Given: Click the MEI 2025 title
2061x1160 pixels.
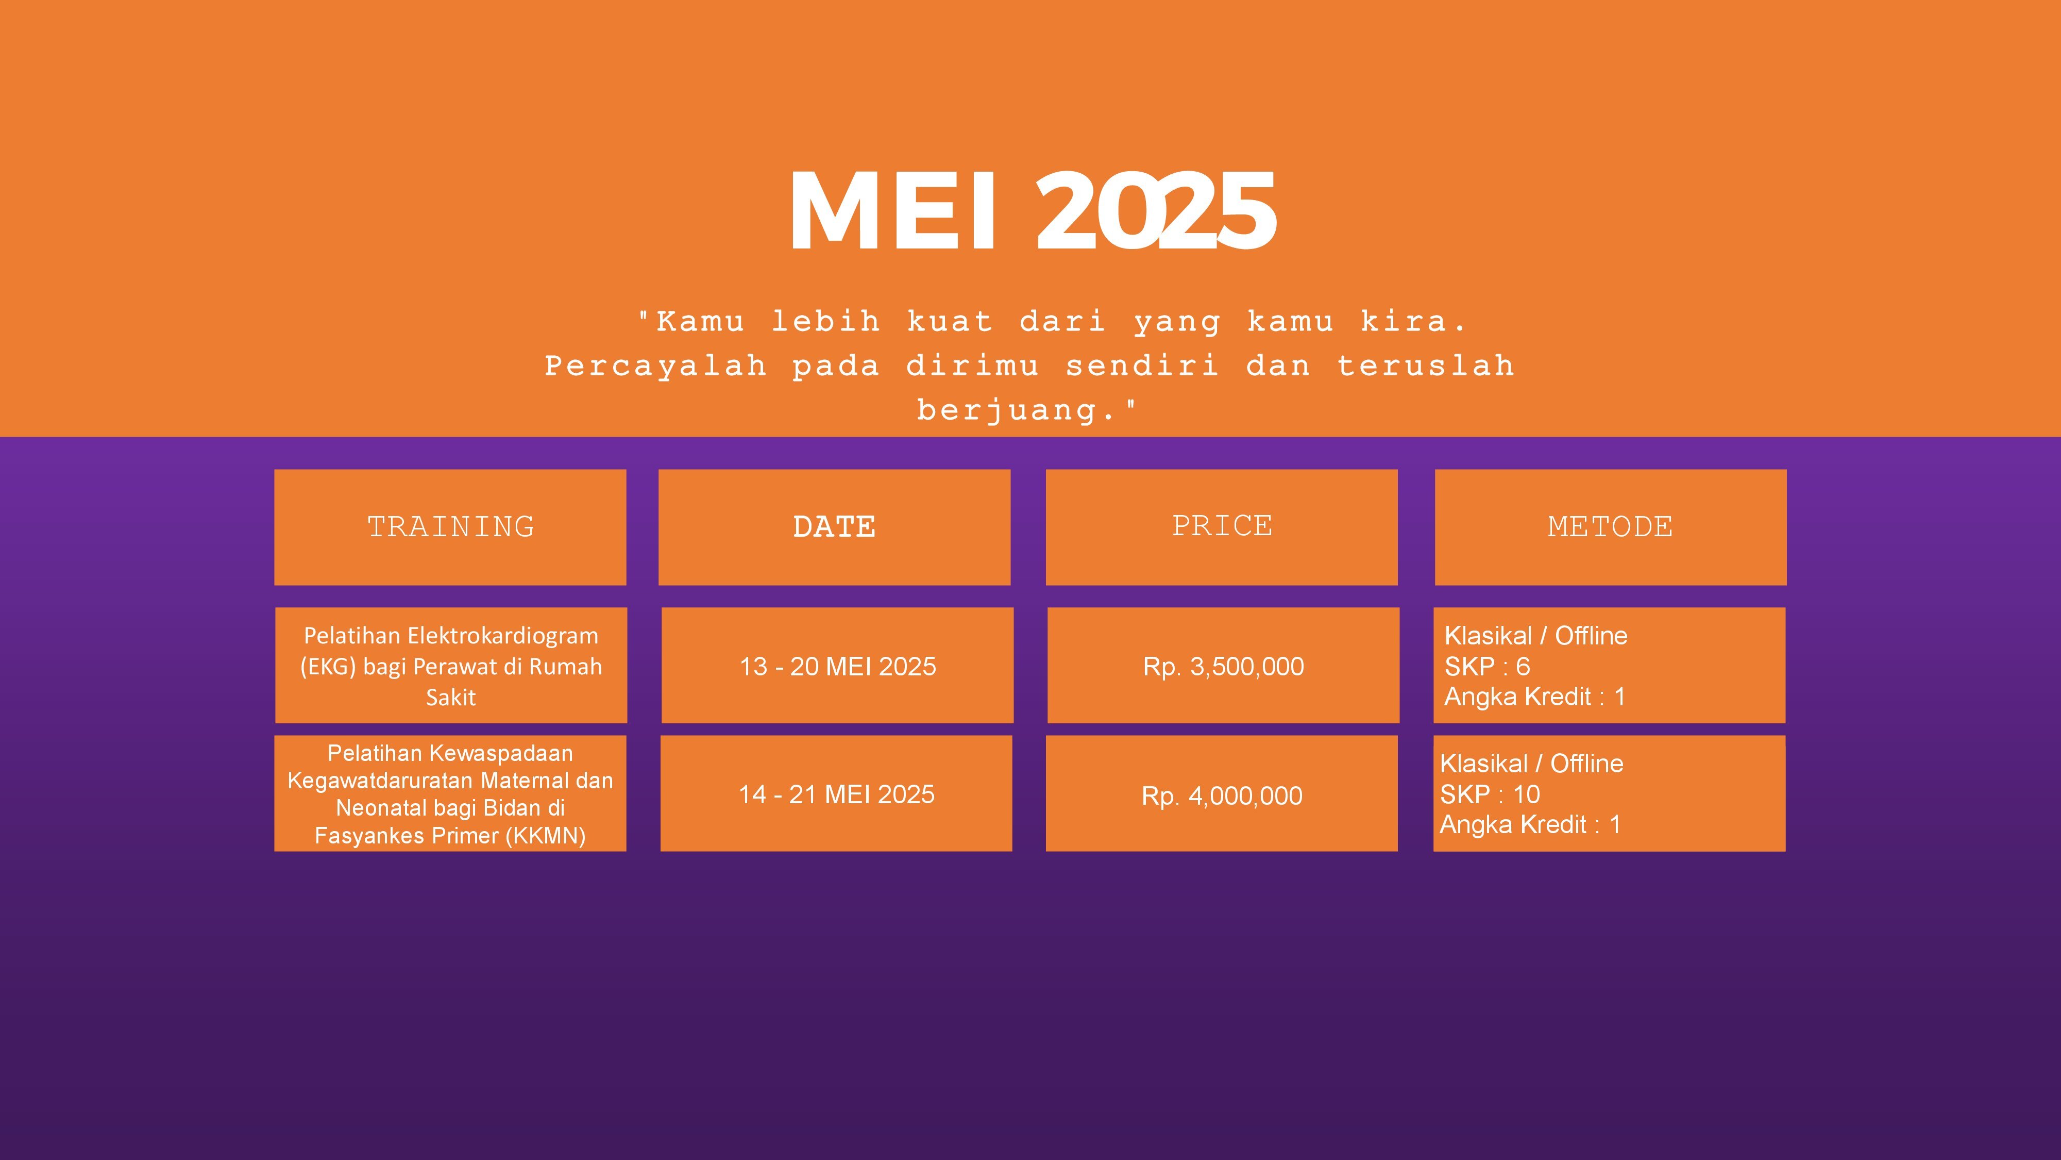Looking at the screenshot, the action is (x=1032, y=211).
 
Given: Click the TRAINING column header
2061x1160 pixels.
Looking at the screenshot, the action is (x=450, y=527).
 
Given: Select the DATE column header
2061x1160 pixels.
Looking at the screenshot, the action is (x=834, y=527).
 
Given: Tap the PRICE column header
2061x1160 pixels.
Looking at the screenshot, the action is (x=1222, y=525).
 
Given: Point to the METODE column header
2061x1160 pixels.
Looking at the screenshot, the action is (x=1610, y=527).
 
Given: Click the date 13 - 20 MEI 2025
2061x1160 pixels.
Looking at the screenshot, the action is (x=838, y=666).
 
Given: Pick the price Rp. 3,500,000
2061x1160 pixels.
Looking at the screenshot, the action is (x=1223, y=667).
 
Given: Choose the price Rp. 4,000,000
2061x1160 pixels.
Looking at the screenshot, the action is (x=1222, y=796).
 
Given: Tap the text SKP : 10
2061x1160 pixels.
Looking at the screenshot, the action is (x=1490, y=794).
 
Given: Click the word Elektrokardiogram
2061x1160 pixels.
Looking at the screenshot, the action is (x=502, y=636).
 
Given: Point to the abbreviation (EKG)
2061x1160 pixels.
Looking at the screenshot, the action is (x=328, y=667).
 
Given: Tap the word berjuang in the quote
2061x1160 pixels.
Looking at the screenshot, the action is (x=1006, y=411).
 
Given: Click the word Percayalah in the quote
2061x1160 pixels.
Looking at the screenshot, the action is (x=656, y=367).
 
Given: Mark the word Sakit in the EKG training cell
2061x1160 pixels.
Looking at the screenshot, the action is (x=450, y=697).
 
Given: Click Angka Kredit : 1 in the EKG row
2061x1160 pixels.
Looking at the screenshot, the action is (x=1534, y=697).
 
